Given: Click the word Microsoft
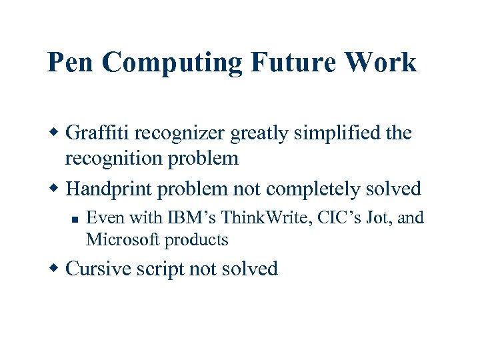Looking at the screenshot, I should point(123,239).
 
